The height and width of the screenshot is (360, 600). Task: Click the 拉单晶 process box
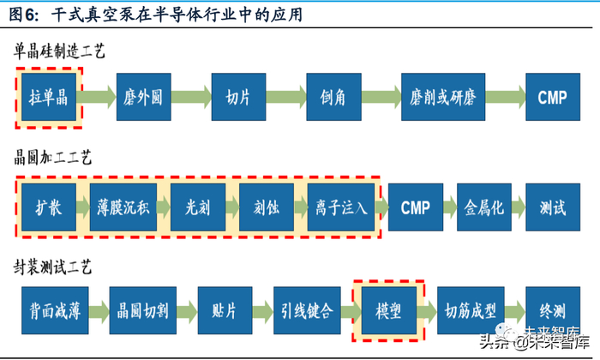pyautogui.click(x=49, y=97)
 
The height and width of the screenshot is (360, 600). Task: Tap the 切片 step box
pyautogui.click(x=237, y=97)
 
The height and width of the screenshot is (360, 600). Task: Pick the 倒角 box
pyautogui.click(x=332, y=97)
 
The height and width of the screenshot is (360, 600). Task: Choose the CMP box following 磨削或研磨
pyautogui.click(x=552, y=97)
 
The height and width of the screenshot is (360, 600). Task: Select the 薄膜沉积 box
pyautogui.click(x=123, y=207)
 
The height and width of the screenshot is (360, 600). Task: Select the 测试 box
pyautogui.click(x=552, y=207)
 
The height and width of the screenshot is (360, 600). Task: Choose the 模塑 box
pyautogui.click(x=388, y=309)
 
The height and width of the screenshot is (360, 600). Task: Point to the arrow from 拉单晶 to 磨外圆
pyautogui.click(x=96, y=97)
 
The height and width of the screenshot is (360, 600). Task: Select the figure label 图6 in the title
pyautogui.click(x=22, y=15)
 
